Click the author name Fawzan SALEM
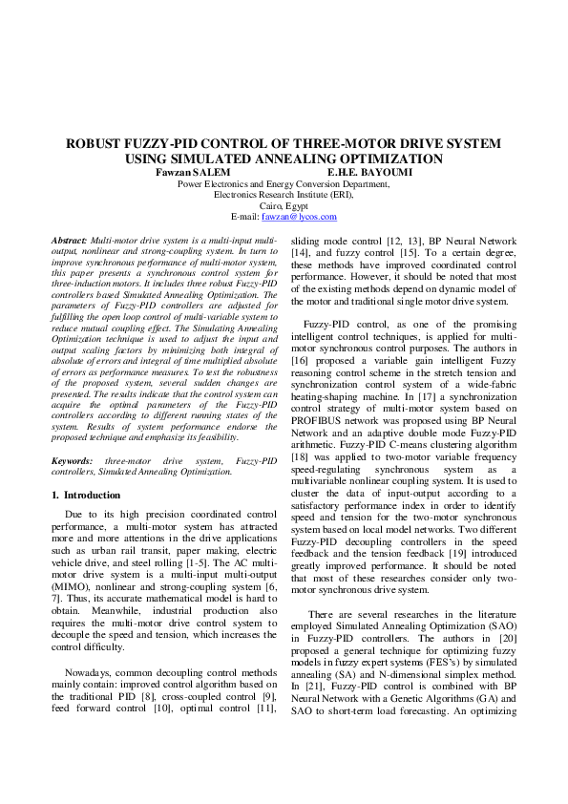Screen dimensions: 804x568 (192, 172)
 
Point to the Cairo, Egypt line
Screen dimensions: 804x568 (284, 205)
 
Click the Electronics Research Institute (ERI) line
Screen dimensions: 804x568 (284, 194)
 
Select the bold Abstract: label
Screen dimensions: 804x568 (68, 238)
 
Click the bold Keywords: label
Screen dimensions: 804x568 (72, 461)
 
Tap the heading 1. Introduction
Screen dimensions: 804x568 (86, 496)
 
